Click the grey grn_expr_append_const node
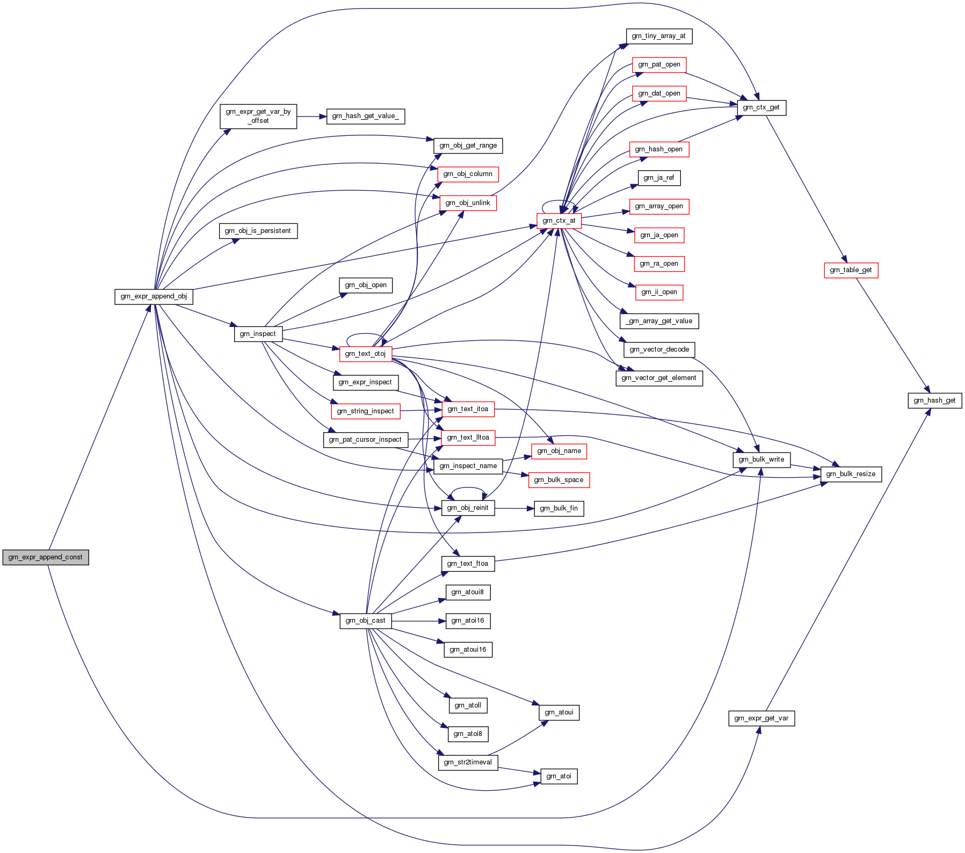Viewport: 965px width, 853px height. (46, 557)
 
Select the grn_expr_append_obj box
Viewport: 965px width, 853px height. (154, 296)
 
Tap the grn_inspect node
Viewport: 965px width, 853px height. (258, 334)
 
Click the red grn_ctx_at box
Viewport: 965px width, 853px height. (558, 221)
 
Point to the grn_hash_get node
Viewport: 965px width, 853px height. (934, 400)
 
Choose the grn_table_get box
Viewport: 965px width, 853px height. (851, 270)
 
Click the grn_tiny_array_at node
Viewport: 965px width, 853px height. (658, 36)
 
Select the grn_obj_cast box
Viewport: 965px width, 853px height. (365, 621)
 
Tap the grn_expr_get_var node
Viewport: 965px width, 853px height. (761, 718)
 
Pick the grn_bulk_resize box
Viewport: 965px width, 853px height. (851, 474)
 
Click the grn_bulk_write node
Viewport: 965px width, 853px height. (761, 460)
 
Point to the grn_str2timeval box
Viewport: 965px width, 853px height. (468, 762)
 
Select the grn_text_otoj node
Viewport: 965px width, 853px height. (365, 354)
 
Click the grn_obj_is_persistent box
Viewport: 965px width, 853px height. (258, 231)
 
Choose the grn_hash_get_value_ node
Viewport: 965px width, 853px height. (365, 116)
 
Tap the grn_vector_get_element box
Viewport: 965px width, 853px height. (658, 378)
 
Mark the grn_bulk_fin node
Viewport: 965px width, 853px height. (558, 508)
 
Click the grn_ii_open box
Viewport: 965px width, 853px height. (659, 292)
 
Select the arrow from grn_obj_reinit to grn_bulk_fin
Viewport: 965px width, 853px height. (514, 508)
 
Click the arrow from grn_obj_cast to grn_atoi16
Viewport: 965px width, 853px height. (419, 621)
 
